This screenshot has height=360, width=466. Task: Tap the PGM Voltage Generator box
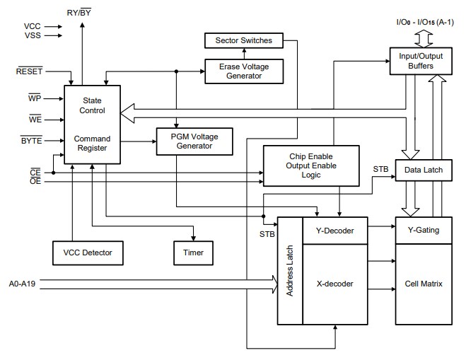tap(194, 141)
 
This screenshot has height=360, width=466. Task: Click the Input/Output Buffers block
tap(421, 61)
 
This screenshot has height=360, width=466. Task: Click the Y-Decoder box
tap(334, 230)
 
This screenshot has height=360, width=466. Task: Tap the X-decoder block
tap(334, 284)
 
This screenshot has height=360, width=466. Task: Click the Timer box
tap(194, 251)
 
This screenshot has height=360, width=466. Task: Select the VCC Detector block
tap(87, 251)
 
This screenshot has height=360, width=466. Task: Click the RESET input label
tap(30, 71)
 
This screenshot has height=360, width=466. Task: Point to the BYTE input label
tap(32, 141)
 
